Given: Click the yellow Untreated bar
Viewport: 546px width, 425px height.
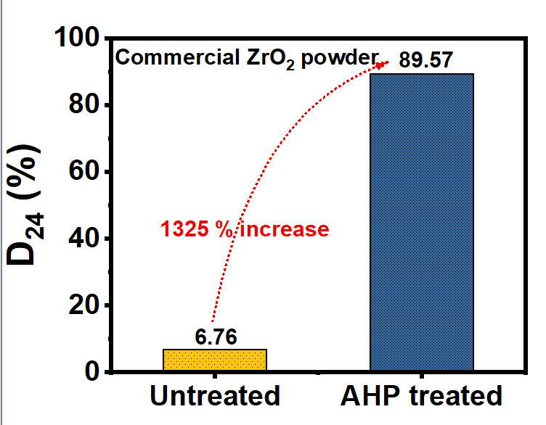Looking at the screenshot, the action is tap(215, 360).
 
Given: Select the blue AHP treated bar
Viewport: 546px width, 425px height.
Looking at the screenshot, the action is tap(422, 222).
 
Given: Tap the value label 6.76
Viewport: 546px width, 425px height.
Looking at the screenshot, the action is tap(216, 337).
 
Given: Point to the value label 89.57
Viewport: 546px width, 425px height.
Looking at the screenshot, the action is tap(425, 59).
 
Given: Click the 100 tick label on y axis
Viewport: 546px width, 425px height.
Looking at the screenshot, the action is tap(77, 37).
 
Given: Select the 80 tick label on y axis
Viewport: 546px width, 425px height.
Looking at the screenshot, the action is tap(84, 104).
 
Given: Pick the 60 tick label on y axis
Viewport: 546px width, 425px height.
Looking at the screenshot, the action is tap(84, 170).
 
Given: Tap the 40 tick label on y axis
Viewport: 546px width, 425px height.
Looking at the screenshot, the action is tap(84, 238).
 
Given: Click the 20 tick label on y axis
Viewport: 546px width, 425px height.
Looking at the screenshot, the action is tap(84, 305).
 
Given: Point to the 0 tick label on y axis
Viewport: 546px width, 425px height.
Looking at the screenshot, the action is tap(92, 371).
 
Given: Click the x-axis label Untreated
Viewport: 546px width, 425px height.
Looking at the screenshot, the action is tap(215, 396).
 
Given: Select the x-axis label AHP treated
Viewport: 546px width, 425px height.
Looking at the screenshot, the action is tap(421, 396).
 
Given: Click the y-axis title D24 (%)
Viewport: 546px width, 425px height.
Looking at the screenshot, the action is tap(25, 205).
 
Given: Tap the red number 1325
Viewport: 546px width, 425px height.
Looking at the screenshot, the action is tap(184, 229).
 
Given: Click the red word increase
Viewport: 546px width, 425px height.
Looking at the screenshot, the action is tap(285, 229).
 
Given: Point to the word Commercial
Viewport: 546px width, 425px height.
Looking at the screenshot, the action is tap(178, 57).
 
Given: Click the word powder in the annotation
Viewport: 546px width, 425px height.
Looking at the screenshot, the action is tap(340, 59).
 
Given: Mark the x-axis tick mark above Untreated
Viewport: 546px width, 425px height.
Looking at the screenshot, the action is tap(215, 376).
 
